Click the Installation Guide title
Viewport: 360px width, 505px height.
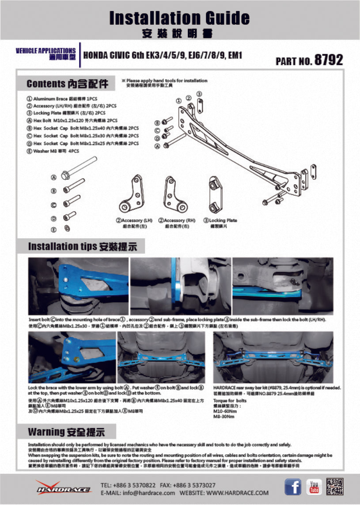point(179,18)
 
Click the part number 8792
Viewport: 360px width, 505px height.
point(328,60)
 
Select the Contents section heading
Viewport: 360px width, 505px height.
point(67,84)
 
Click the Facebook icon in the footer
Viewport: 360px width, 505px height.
point(292,487)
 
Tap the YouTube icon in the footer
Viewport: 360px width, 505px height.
point(314,487)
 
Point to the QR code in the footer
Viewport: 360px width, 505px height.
point(335,486)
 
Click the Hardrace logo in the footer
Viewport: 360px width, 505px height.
point(64,487)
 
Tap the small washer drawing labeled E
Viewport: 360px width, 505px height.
point(67,229)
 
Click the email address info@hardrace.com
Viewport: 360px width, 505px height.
point(138,493)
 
